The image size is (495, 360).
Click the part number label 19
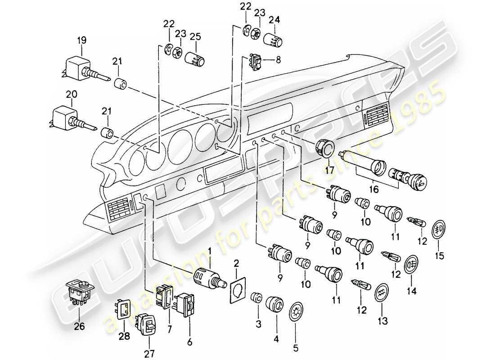click(81, 41)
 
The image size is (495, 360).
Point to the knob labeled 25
click(197, 58)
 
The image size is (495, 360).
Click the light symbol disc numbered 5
click(295, 312)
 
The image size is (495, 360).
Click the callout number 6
click(189, 342)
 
